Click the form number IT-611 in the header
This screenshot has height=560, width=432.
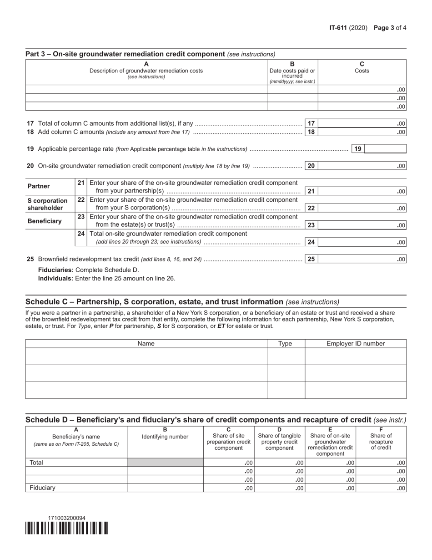pyautogui.click(x=339, y=28)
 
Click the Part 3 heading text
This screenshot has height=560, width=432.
pyautogui.click(x=125, y=54)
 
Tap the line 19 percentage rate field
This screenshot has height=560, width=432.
pyautogui.click(x=385, y=149)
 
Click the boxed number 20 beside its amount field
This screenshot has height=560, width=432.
pyautogui.click(x=311, y=166)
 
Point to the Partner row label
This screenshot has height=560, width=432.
pyautogui.click(x=39, y=187)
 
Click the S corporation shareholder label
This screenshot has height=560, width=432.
pyautogui.click(x=47, y=204)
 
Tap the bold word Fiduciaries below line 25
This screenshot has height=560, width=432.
pyautogui.click(x=55, y=270)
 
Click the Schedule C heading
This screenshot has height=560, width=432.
pyautogui.click(x=154, y=302)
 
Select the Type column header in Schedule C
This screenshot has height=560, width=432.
pyautogui.click(x=285, y=344)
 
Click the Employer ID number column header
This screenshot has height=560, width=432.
pyautogui.click(x=355, y=344)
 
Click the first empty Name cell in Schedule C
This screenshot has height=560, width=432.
pyautogui.click(x=146, y=356)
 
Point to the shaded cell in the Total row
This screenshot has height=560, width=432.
pyautogui.click(x=165, y=463)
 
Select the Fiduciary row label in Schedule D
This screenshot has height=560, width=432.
pyautogui.click(x=42, y=488)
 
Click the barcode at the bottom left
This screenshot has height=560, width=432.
pyautogui.click(x=67, y=528)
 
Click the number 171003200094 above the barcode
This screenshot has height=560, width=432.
pyautogui.click(x=67, y=518)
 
